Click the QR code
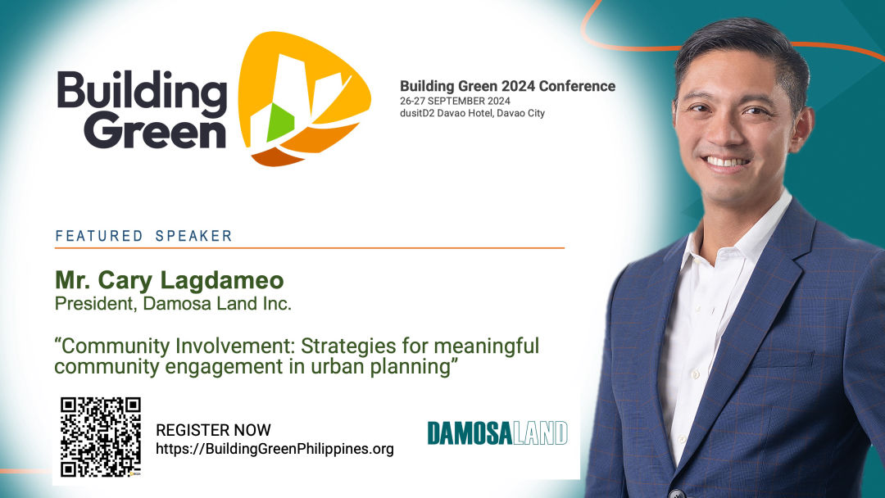101,437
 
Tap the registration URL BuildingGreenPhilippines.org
275,449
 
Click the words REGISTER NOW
213,430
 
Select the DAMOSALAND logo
497,433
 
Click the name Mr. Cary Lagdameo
170,280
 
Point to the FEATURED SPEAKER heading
143,236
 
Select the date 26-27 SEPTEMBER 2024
455,101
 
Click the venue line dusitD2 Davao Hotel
473,113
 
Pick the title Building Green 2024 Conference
507,86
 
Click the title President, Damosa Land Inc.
173,303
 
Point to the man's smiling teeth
728,162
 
